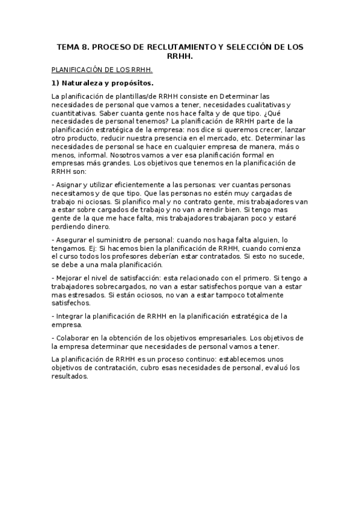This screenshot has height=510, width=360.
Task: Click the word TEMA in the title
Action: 68,46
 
